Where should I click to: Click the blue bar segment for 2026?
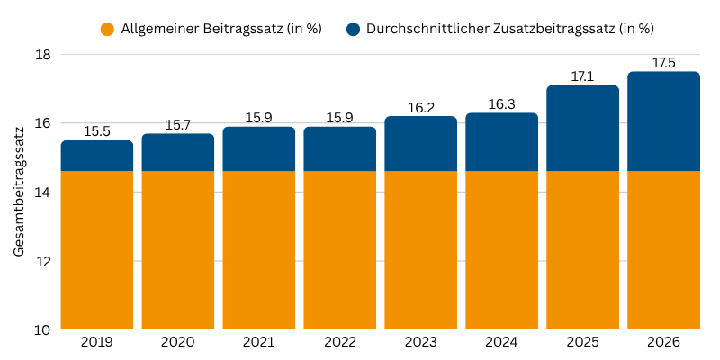pos(663,121)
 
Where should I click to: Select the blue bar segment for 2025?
pos(582,129)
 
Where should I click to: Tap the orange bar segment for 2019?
pos(97,250)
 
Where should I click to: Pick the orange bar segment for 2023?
pos(420,250)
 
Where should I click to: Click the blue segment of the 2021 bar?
pos(259,149)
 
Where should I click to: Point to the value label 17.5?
pos(663,63)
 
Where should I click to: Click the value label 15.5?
pos(97,131)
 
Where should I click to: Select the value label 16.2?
pos(420,108)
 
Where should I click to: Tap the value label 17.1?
pos(582,76)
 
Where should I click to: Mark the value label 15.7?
pos(178,125)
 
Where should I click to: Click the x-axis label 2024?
pos(501,342)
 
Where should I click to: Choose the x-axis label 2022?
pos(340,342)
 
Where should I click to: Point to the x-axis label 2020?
pos(178,342)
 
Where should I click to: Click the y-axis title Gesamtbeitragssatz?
pos(19,192)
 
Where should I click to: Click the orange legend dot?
pos(107,29)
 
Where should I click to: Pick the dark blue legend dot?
pos(352,29)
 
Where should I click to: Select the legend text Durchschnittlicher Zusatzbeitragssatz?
pos(510,29)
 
